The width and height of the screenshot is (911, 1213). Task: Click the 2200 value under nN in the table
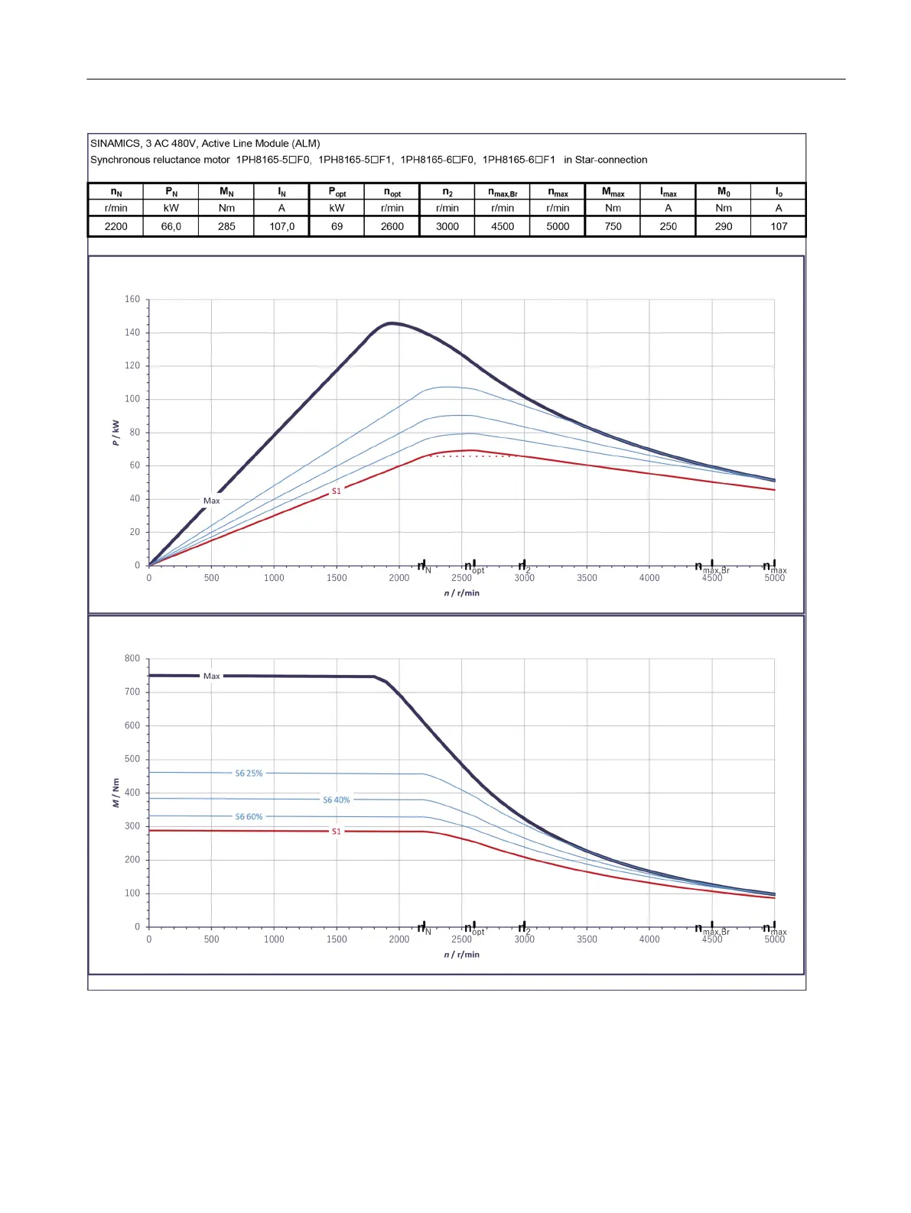(x=116, y=226)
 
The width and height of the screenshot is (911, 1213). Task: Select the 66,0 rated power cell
(x=171, y=226)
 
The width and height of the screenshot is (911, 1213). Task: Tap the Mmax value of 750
(x=613, y=226)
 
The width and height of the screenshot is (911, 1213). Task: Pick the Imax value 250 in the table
(x=669, y=226)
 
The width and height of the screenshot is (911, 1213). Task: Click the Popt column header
(x=337, y=193)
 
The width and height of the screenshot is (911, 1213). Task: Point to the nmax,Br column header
(x=503, y=193)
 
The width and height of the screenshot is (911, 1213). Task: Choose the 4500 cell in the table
(x=503, y=226)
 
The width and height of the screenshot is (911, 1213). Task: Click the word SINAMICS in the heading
(x=116, y=143)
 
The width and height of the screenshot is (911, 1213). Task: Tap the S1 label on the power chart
(x=337, y=491)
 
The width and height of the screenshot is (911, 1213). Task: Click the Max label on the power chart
(x=211, y=501)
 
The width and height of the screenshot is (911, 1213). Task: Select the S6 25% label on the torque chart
(x=249, y=774)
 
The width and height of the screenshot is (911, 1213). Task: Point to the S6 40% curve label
(x=337, y=800)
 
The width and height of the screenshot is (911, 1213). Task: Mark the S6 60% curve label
(x=249, y=817)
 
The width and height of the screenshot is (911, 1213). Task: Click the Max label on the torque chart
(x=211, y=676)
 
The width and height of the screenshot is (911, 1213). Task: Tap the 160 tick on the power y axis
(x=132, y=299)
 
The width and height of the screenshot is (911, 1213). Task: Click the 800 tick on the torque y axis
(x=132, y=658)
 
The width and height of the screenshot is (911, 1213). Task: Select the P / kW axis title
(x=116, y=432)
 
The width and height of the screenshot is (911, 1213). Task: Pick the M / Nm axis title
(x=116, y=793)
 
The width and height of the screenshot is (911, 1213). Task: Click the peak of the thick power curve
(x=391, y=323)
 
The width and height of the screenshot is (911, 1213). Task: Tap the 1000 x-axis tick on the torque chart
(x=274, y=939)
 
